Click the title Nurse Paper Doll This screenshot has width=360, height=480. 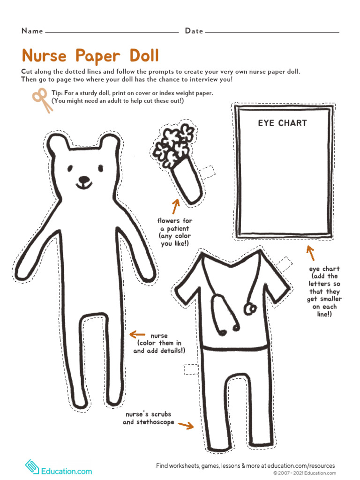90,56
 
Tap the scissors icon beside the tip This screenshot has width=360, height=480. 42,100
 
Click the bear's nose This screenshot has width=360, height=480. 84,180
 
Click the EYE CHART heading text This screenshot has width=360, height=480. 282,123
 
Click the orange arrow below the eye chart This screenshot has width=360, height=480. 310,253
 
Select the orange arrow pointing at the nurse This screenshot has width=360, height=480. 137,334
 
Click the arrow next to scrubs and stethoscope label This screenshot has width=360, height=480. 186,425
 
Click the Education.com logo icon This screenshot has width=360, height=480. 32,467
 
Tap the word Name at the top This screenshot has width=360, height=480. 32,31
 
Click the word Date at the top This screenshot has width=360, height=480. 194,31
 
